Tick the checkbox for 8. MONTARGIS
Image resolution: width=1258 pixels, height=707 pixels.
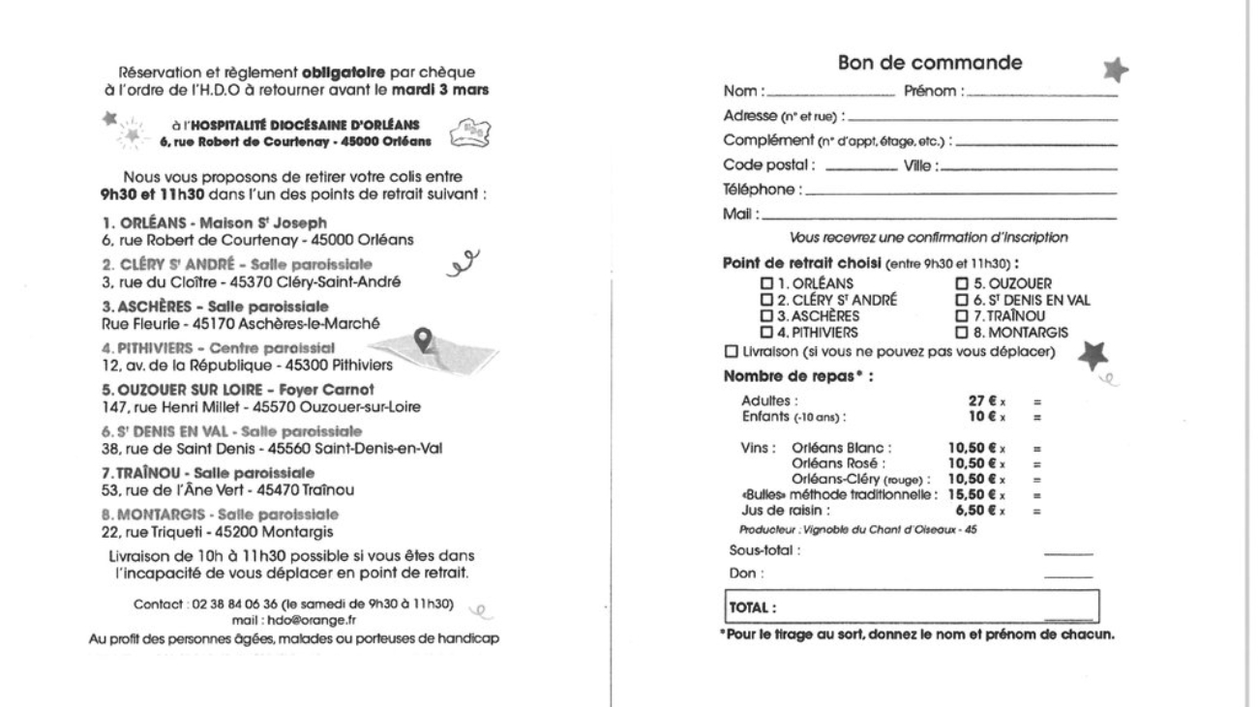click(962, 332)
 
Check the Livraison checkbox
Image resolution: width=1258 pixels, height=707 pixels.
click(730, 349)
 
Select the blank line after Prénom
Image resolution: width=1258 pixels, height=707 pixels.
click(1043, 93)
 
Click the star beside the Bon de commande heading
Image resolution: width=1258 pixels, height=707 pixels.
click(1116, 68)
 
